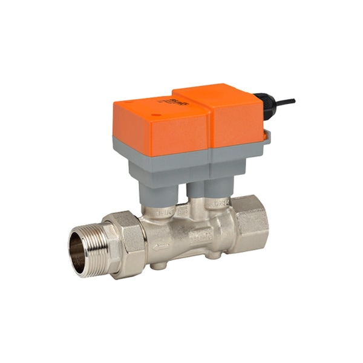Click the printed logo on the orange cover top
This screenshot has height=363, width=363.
point(180,101)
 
